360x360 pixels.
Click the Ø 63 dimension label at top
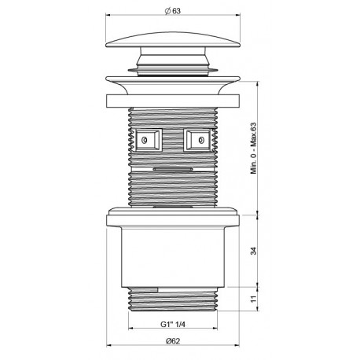tap(173, 11)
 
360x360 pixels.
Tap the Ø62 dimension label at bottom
tap(173, 341)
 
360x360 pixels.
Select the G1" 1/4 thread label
tap(173, 325)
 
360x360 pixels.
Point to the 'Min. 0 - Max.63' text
tap(254, 149)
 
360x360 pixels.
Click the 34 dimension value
tap(254, 251)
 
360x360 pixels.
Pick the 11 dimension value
tap(254, 299)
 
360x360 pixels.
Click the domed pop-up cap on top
tap(173, 40)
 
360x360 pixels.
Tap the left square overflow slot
tap(147, 140)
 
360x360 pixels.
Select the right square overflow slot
tap(198, 140)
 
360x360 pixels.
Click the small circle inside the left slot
tap(144, 141)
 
